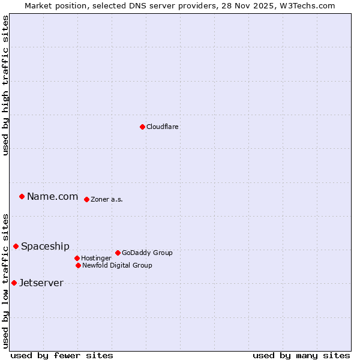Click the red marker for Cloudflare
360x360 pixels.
pyautogui.click(x=142, y=127)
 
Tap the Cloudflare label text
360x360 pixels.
pyautogui.click(x=163, y=127)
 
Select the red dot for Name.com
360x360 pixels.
pyautogui.click(x=22, y=196)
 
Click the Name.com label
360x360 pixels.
pyautogui.click(x=52, y=196)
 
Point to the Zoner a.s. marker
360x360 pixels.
pyautogui.click(x=86, y=199)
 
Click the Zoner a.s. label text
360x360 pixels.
pyautogui.click(x=107, y=199)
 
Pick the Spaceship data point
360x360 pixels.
pyautogui.click(x=16, y=246)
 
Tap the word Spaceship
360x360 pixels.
pyautogui.click(x=45, y=246)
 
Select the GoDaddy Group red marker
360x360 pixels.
pyautogui.click(x=118, y=253)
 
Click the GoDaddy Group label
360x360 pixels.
pyautogui.click(x=147, y=253)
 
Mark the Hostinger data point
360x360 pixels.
pyautogui.click(x=77, y=258)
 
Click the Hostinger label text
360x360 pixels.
pyautogui.click(x=96, y=258)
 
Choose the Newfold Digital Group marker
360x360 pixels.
pyautogui.click(x=78, y=265)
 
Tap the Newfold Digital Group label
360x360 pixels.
pyautogui.click(x=117, y=265)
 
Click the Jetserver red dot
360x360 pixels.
pyautogui.click(x=14, y=283)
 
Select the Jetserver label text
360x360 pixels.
pyautogui.click(x=41, y=283)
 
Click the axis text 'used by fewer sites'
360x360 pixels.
pyautogui.click(x=62, y=355)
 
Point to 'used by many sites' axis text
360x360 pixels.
pyautogui.click(x=301, y=355)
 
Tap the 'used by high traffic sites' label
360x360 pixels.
pyautogui.click(x=5, y=85)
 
